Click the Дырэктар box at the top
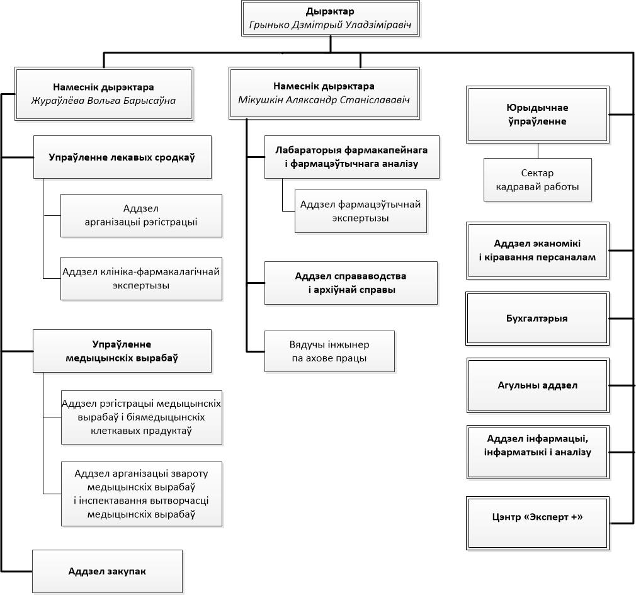pyautogui.click(x=331, y=19)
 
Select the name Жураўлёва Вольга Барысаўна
pyautogui.click(x=103, y=101)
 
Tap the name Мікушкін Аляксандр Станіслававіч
pyautogui.click(x=324, y=99)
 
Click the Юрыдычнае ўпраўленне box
pyautogui.click(x=537, y=115)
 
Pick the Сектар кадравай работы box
pyautogui.click(x=537, y=179)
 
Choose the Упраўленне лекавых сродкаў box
pyautogui.click(x=122, y=157)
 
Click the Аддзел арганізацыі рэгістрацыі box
pyautogui.click(x=141, y=215)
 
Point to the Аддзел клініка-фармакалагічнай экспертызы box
pyautogui.click(x=141, y=278)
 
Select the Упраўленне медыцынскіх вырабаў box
pyautogui.click(x=122, y=351)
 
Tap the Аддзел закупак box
pyautogui.click(x=108, y=572)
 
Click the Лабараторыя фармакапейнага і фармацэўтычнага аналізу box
pyautogui.click(x=351, y=157)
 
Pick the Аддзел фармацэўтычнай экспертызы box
pyautogui.click(x=361, y=212)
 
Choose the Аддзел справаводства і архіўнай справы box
pyautogui.click(x=351, y=283)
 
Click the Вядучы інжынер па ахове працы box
pyautogui.click(x=329, y=351)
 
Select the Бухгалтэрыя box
pyautogui.click(x=537, y=319)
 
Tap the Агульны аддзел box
pyautogui.click(x=538, y=385)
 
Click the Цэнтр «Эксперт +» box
pyautogui.click(x=538, y=523)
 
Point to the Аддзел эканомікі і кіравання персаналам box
pyautogui.click(x=537, y=250)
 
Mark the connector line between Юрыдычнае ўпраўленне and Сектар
pyautogui.click(x=538, y=150)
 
